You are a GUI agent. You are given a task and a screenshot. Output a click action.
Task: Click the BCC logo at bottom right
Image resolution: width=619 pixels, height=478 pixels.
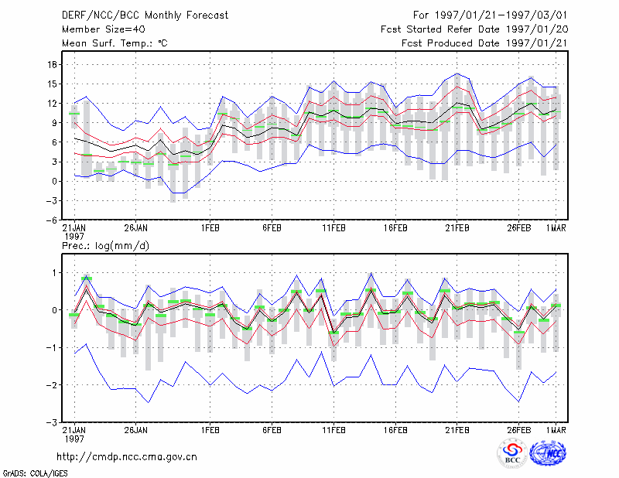[x=512, y=453]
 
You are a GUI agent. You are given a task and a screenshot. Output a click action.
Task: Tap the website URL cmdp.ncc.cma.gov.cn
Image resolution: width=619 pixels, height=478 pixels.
[x=127, y=457]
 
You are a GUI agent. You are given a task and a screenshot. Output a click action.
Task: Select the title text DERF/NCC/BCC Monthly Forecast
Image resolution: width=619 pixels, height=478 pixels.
[x=145, y=15]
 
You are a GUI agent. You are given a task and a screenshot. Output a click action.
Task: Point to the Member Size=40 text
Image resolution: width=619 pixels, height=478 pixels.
[x=104, y=29]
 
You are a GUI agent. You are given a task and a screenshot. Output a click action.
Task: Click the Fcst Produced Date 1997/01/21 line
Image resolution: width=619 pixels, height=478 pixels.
[x=484, y=43]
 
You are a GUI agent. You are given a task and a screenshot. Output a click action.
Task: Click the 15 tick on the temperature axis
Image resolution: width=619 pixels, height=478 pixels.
[x=52, y=84]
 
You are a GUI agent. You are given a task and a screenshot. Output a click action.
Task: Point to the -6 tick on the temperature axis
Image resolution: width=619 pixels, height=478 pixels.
[x=51, y=220]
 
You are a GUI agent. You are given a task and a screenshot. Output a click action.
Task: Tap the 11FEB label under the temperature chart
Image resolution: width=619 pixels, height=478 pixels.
[x=333, y=228]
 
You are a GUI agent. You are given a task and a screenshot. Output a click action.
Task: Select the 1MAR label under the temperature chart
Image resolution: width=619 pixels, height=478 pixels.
[x=556, y=228]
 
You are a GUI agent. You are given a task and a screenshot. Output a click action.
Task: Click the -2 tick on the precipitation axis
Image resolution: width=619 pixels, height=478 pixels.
[x=51, y=385]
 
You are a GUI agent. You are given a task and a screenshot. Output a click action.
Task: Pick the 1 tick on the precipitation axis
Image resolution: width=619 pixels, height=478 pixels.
[x=54, y=273]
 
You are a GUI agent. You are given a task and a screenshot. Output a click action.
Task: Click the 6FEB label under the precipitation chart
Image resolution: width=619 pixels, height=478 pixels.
[x=272, y=430]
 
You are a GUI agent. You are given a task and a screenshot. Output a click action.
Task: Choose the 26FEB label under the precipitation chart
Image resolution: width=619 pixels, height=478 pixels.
[x=518, y=430]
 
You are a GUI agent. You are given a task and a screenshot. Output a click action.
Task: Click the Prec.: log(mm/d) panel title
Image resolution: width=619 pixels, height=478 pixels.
[x=105, y=246]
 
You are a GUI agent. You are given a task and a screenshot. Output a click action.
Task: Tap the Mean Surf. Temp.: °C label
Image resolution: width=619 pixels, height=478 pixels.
[x=115, y=43]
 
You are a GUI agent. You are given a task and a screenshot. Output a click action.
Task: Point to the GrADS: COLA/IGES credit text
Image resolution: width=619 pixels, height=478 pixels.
[x=35, y=473]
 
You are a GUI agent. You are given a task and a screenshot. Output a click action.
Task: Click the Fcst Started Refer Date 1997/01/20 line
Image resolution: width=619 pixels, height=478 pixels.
[x=474, y=29]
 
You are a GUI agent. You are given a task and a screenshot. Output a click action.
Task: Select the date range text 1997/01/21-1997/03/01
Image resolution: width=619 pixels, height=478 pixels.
[x=501, y=15]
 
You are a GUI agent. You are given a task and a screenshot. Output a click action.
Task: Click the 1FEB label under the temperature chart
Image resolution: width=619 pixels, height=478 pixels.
[x=210, y=228]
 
